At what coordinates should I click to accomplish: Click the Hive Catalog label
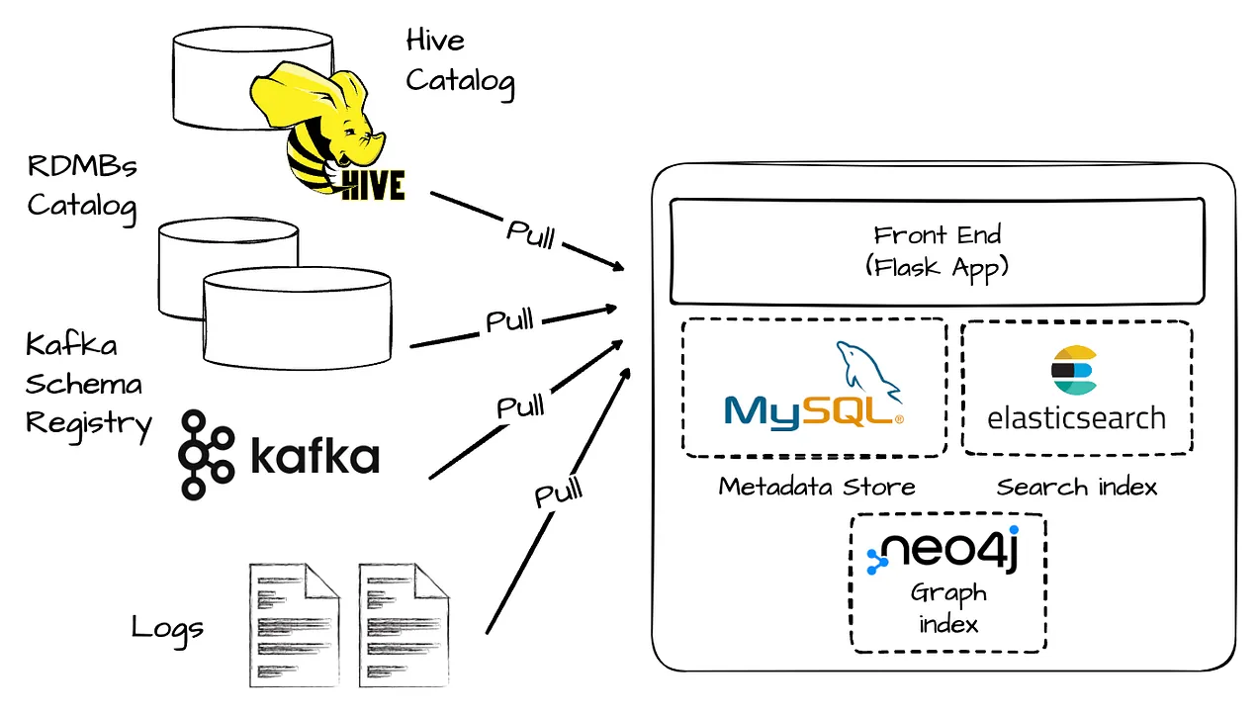point(461,63)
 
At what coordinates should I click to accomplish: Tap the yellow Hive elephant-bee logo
point(325,132)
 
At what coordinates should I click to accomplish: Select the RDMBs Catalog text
point(82,188)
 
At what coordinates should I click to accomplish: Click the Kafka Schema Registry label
point(88,388)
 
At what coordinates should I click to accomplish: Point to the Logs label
point(167,629)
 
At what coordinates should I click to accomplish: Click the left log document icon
point(295,625)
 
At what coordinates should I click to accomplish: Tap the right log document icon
point(404,625)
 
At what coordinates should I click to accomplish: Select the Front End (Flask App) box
point(938,251)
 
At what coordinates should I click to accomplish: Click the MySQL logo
point(814,387)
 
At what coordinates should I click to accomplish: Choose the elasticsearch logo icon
point(1074,370)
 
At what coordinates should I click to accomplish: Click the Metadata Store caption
point(817,487)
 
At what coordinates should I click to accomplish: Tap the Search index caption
point(1077,487)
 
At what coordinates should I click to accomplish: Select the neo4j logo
point(943,550)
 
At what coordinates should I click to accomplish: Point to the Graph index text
point(948,608)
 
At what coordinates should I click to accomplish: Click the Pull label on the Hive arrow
point(531,234)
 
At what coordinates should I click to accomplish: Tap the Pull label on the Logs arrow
point(558,492)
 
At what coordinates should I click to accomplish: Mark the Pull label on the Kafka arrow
point(520,405)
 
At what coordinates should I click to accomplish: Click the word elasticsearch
point(1077,418)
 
